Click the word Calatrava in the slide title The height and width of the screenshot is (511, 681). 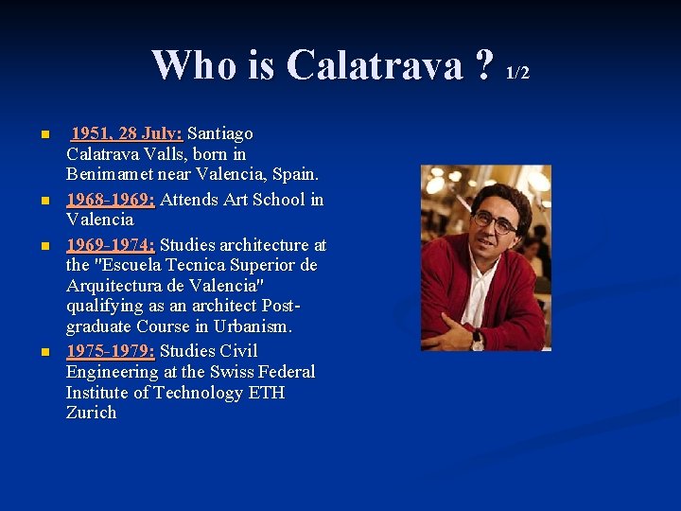click(x=375, y=65)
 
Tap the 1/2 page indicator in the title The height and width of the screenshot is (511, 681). click(x=517, y=73)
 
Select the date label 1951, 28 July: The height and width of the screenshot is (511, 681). click(x=127, y=133)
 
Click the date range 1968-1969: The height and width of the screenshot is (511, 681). click(x=111, y=200)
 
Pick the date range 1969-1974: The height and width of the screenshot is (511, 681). click(x=111, y=245)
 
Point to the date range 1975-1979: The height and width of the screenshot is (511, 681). click(x=111, y=351)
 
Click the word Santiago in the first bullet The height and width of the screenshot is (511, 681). click(x=220, y=133)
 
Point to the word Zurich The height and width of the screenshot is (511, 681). click(x=91, y=413)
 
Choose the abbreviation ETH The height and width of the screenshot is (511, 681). click(x=266, y=392)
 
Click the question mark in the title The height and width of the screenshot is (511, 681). click(x=485, y=65)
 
